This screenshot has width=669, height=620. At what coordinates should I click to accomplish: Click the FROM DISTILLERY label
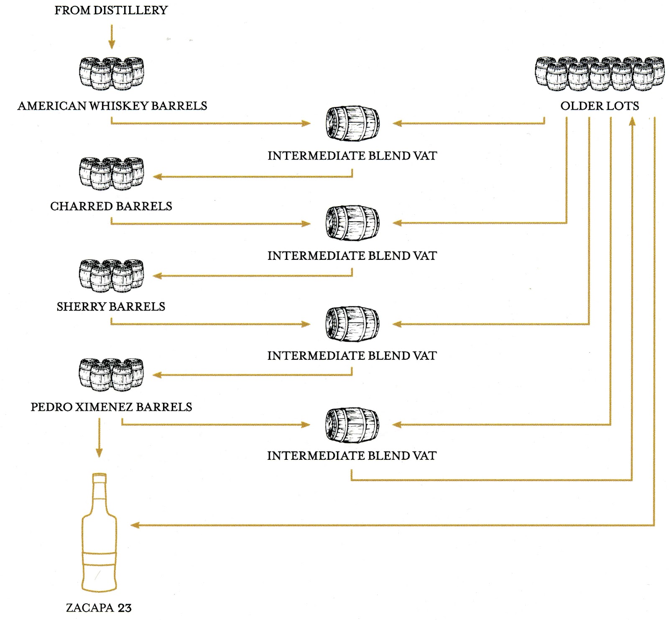(111, 10)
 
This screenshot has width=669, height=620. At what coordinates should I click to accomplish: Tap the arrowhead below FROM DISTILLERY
(111, 44)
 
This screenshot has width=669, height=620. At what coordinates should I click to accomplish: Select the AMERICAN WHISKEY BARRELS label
(112, 106)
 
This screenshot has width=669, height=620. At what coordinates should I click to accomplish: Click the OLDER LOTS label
(599, 106)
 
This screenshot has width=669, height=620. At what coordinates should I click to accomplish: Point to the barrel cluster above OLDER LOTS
(599, 74)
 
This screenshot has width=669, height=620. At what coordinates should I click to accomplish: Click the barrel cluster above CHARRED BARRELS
(111, 174)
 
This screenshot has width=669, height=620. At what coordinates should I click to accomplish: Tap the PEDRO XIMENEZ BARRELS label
(111, 407)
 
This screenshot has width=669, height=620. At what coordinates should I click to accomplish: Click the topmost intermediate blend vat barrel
(352, 124)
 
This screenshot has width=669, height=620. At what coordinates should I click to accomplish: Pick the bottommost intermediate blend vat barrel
(352, 425)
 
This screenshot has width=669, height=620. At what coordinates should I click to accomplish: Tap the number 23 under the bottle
(124, 608)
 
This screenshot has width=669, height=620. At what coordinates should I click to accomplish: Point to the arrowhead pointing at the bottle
(135, 525)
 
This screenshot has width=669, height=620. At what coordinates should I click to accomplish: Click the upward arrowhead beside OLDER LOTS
(632, 122)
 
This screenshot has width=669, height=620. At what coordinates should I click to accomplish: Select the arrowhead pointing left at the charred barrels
(157, 177)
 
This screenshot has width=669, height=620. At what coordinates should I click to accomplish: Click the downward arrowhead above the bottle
(99, 453)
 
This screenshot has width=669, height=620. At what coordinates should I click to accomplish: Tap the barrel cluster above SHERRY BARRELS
(111, 275)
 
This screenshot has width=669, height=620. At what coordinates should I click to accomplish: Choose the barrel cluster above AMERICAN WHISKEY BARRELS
(111, 74)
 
